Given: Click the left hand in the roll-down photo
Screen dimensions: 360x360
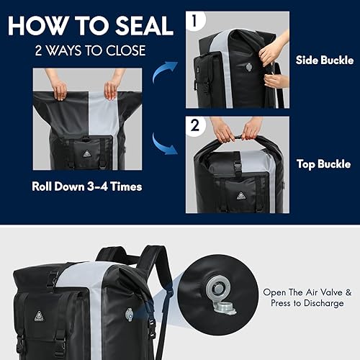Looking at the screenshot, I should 59,90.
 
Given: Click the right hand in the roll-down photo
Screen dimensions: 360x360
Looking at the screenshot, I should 111,90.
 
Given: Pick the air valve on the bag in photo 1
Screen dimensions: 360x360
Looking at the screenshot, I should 248,64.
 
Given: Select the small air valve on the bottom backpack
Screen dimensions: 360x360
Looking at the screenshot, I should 130,314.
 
